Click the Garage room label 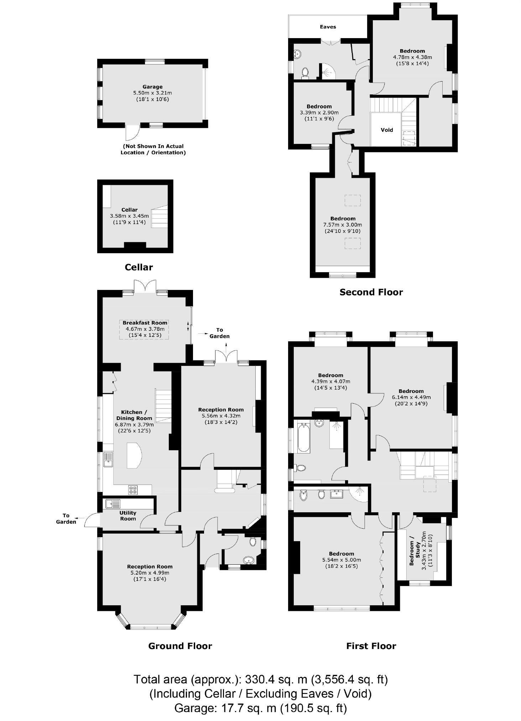152,87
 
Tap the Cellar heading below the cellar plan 139,268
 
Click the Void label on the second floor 387,130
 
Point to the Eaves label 328,27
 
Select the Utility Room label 128,515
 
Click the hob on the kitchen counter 133,490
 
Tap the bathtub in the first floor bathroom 303,437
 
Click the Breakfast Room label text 145,323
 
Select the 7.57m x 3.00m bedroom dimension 342,225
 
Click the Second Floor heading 371,292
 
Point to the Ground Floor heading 180,646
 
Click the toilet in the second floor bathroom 305,73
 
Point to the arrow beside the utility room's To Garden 80,518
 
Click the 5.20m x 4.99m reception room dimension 150,573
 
